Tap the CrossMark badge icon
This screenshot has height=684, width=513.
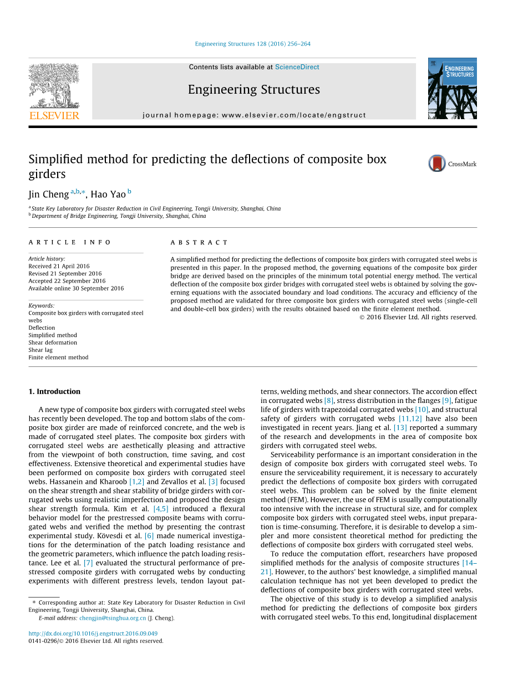[x=437, y=164]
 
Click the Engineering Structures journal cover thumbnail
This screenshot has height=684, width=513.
[x=452, y=89]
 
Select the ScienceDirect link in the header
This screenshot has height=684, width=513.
[x=297, y=67]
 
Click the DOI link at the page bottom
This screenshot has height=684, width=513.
[x=93, y=634]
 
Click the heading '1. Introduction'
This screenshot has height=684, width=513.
[x=54, y=391]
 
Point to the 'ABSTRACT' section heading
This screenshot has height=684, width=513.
[x=199, y=243]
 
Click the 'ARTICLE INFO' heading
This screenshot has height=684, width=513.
[x=70, y=243]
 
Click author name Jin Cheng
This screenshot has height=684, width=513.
[x=48, y=194]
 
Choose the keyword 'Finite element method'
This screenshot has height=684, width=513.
[x=58, y=358]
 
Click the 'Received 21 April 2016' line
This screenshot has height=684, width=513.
[x=59, y=266]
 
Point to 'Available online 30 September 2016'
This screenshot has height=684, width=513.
[x=76, y=288]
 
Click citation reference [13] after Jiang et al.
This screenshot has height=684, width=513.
[x=400, y=428]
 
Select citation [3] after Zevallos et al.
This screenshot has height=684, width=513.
[x=213, y=482]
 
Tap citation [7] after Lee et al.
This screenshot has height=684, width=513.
[x=88, y=563]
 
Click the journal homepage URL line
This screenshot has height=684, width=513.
[x=254, y=115]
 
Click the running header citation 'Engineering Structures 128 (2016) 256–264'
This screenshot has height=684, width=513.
[x=252, y=44]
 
